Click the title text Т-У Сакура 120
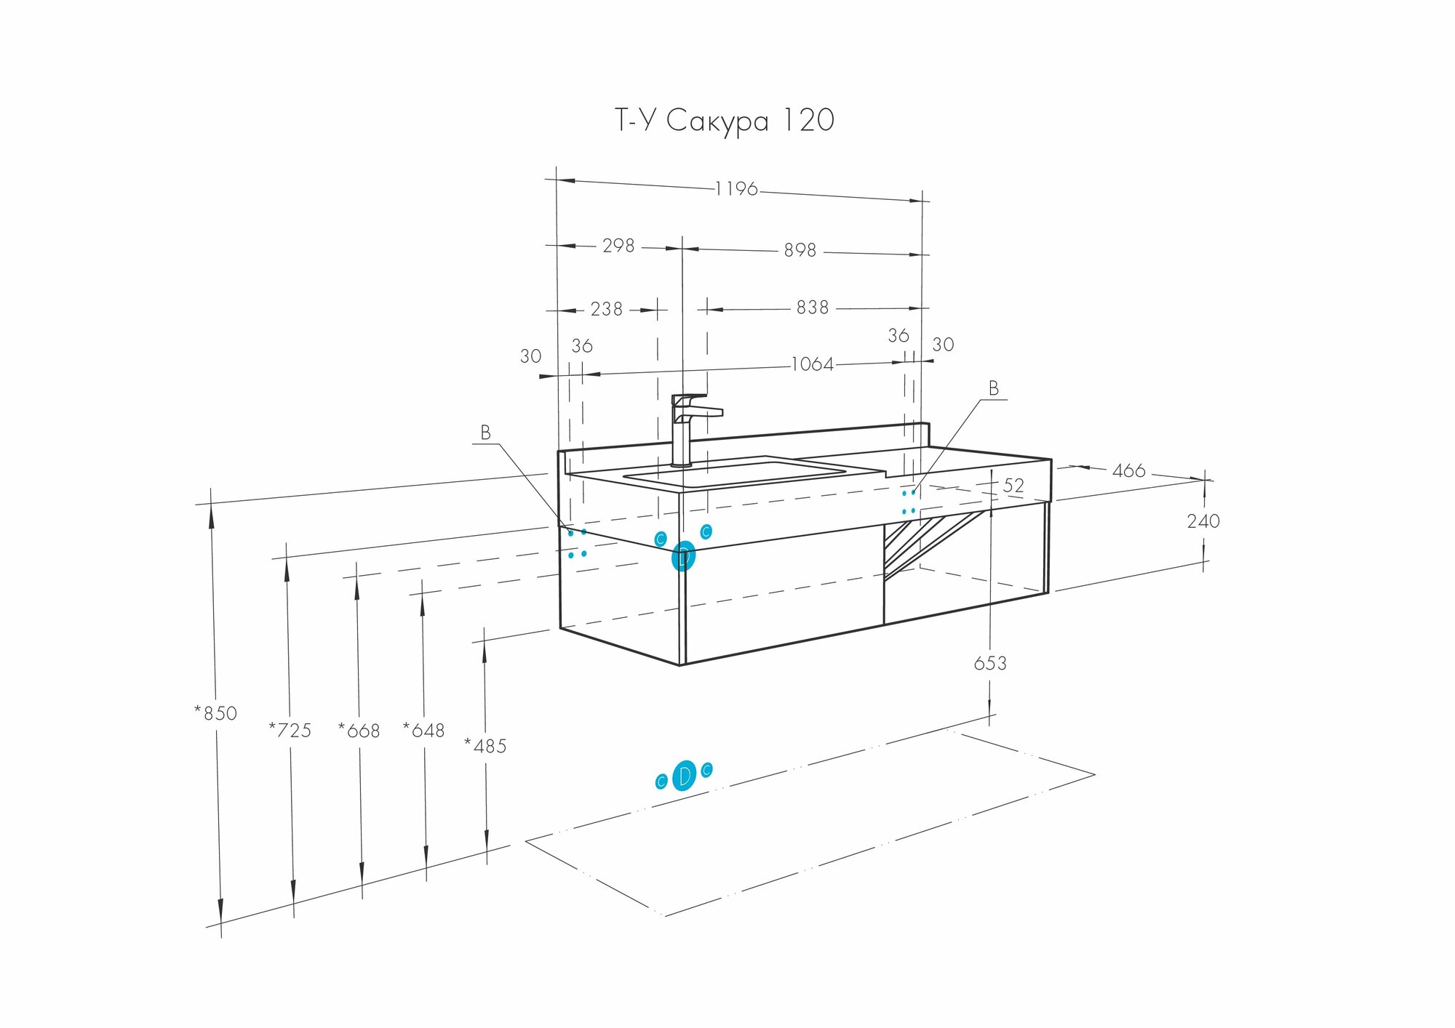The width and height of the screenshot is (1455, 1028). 725,121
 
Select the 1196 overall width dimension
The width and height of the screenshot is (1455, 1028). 736,189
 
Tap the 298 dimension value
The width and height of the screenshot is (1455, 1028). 618,246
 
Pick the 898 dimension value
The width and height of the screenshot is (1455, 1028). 800,250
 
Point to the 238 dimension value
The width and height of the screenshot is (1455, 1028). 606,309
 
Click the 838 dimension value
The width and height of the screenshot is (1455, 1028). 812,308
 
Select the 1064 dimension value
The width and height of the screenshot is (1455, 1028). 812,364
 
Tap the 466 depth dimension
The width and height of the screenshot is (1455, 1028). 1128,471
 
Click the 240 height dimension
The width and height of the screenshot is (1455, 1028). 1203,521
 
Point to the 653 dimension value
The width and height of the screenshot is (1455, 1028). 990,663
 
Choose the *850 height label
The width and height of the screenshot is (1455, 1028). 216,713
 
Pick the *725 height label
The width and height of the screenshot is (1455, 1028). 290,730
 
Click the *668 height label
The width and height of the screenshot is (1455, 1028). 359,730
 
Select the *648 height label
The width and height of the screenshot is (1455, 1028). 424,730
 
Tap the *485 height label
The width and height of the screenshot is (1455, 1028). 485,746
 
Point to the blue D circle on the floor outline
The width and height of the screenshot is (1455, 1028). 684,776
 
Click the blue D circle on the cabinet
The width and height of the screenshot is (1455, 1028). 683,557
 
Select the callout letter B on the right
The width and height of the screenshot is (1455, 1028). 993,389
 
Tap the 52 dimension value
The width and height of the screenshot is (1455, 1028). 1013,485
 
